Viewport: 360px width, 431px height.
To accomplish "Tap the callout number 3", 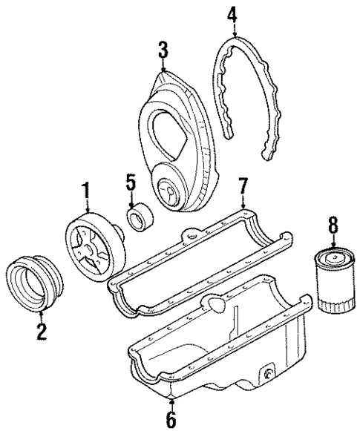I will tap(163, 51).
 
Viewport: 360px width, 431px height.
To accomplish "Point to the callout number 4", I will tap(233, 13).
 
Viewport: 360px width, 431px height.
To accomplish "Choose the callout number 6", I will tap(171, 420).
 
